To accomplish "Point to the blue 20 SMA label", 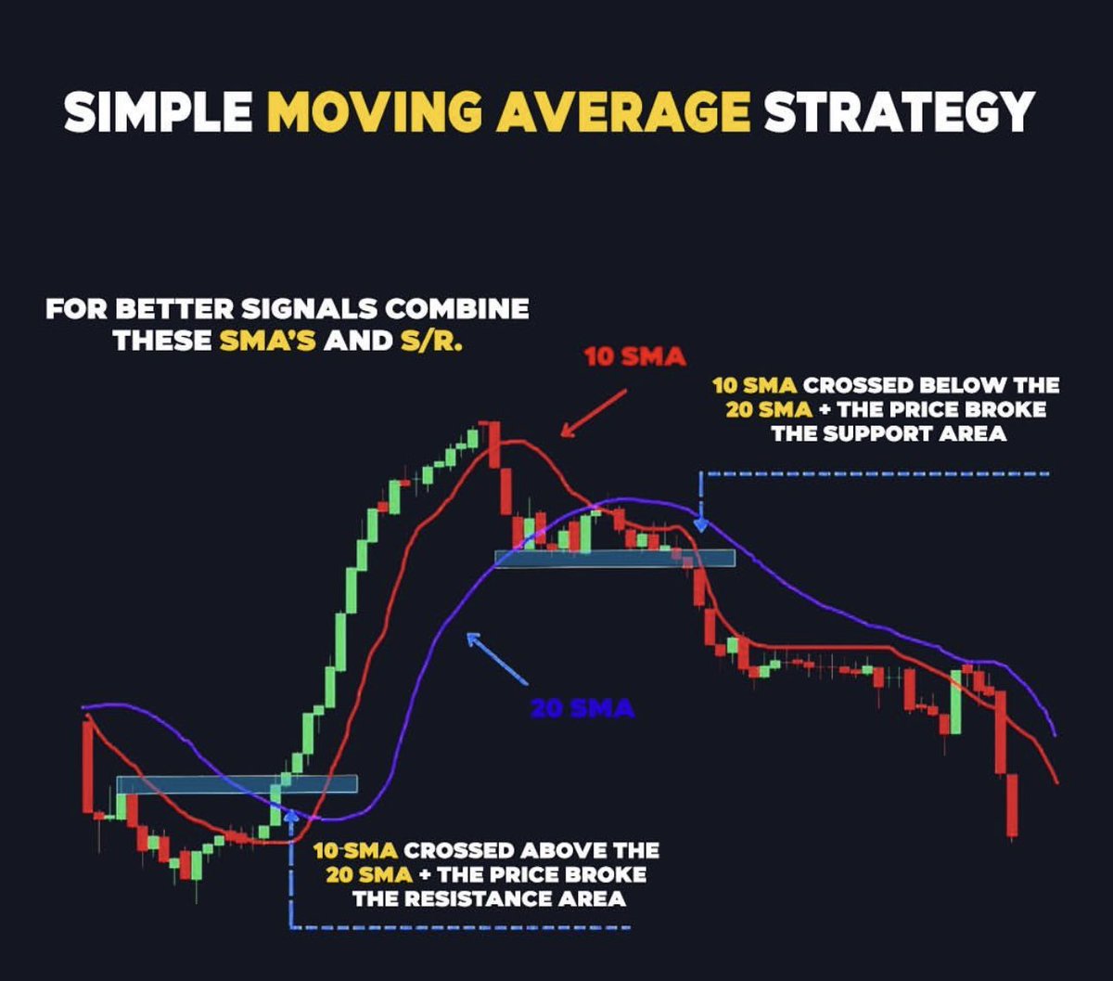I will click(x=582, y=709).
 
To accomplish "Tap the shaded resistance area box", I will click(x=237, y=784).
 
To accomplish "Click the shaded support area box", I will click(x=615, y=558).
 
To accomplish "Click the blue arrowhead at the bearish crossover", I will click(x=701, y=525).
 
